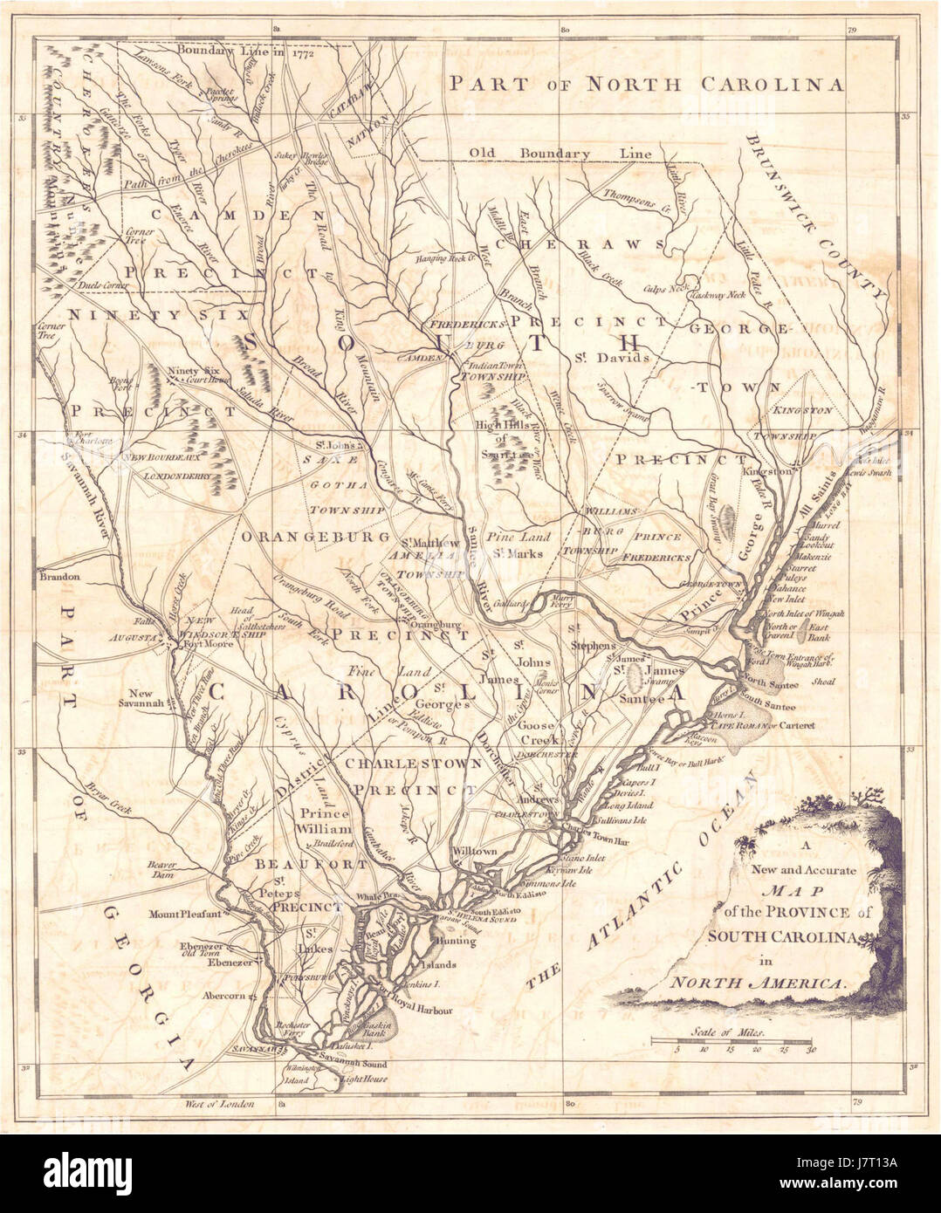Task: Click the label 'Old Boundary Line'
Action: (560, 154)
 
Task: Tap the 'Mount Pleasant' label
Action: (182, 914)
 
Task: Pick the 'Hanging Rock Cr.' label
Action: (443, 257)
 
